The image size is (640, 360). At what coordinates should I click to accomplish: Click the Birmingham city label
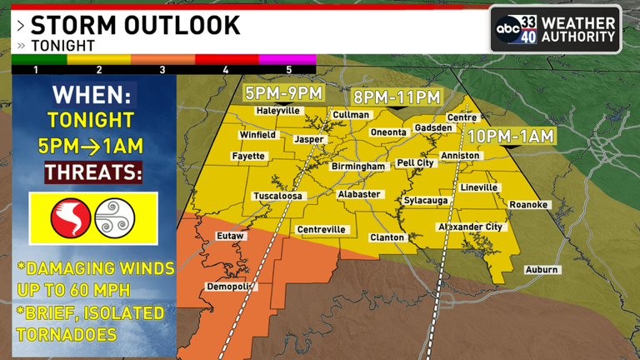[359, 167]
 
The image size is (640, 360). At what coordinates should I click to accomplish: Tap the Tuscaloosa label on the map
[279, 197]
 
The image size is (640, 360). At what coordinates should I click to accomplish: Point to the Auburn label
[542, 270]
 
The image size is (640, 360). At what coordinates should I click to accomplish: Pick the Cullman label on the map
[351, 115]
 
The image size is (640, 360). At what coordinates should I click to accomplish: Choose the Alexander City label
[472, 227]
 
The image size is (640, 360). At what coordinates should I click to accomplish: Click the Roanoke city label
[529, 204]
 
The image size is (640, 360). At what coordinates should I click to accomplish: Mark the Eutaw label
[230, 237]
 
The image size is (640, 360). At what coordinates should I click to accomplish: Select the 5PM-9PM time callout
[283, 92]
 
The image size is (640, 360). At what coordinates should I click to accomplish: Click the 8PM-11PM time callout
[396, 97]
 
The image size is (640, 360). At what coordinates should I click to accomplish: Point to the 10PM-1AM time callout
[510, 135]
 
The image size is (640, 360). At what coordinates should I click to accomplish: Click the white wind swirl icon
[115, 218]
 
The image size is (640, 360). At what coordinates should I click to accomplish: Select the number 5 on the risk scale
[289, 70]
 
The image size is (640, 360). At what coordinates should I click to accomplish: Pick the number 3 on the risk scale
[162, 70]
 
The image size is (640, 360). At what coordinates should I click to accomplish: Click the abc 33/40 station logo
[554, 29]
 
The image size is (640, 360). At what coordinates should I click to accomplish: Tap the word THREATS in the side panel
[92, 172]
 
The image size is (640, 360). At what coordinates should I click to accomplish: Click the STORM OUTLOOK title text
[136, 24]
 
